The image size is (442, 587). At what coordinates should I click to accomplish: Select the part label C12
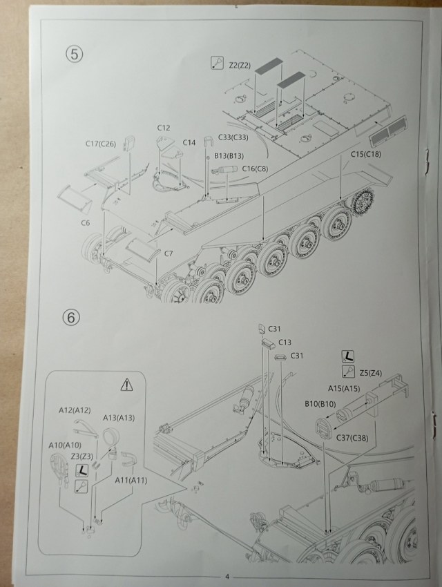164,128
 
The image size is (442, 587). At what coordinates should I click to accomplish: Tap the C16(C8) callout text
255,168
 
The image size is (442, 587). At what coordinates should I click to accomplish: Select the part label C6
86,222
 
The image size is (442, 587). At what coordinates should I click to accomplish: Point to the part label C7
168,253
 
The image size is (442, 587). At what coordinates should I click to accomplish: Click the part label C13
285,342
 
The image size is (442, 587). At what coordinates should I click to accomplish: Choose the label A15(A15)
343,389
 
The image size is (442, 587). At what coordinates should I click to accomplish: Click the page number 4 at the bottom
226,575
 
